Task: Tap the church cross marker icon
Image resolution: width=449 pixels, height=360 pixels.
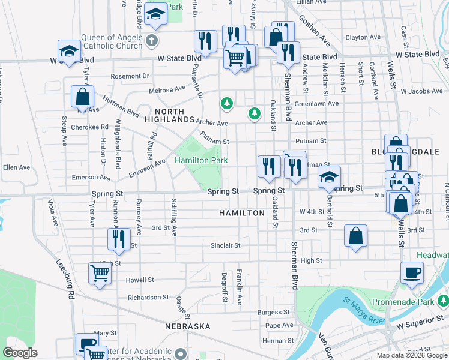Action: click(152, 41)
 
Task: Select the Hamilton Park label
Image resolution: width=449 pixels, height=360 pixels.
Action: click(201, 161)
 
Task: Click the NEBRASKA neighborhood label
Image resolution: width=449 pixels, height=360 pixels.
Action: click(188, 326)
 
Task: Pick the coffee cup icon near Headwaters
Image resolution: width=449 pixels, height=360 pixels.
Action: click(412, 273)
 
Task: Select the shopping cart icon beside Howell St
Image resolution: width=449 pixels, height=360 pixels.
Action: click(100, 274)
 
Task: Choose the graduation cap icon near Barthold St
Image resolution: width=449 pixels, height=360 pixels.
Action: click(329, 177)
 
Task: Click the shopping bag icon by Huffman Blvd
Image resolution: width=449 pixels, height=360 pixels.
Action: click(82, 97)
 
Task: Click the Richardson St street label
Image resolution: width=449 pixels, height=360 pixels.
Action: click(148, 297)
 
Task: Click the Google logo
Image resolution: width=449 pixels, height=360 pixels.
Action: click(21, 353)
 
